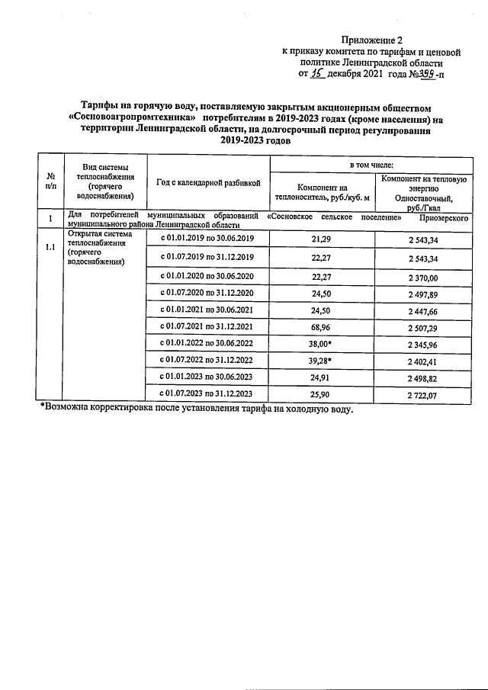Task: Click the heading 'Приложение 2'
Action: (x=371, y=40)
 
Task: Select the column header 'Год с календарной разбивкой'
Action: (x=208, y=182)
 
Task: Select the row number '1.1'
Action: (x=50, y=247)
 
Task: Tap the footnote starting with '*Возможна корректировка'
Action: (x=197, y=409)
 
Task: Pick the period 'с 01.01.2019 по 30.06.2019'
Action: (x=208, y=239)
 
